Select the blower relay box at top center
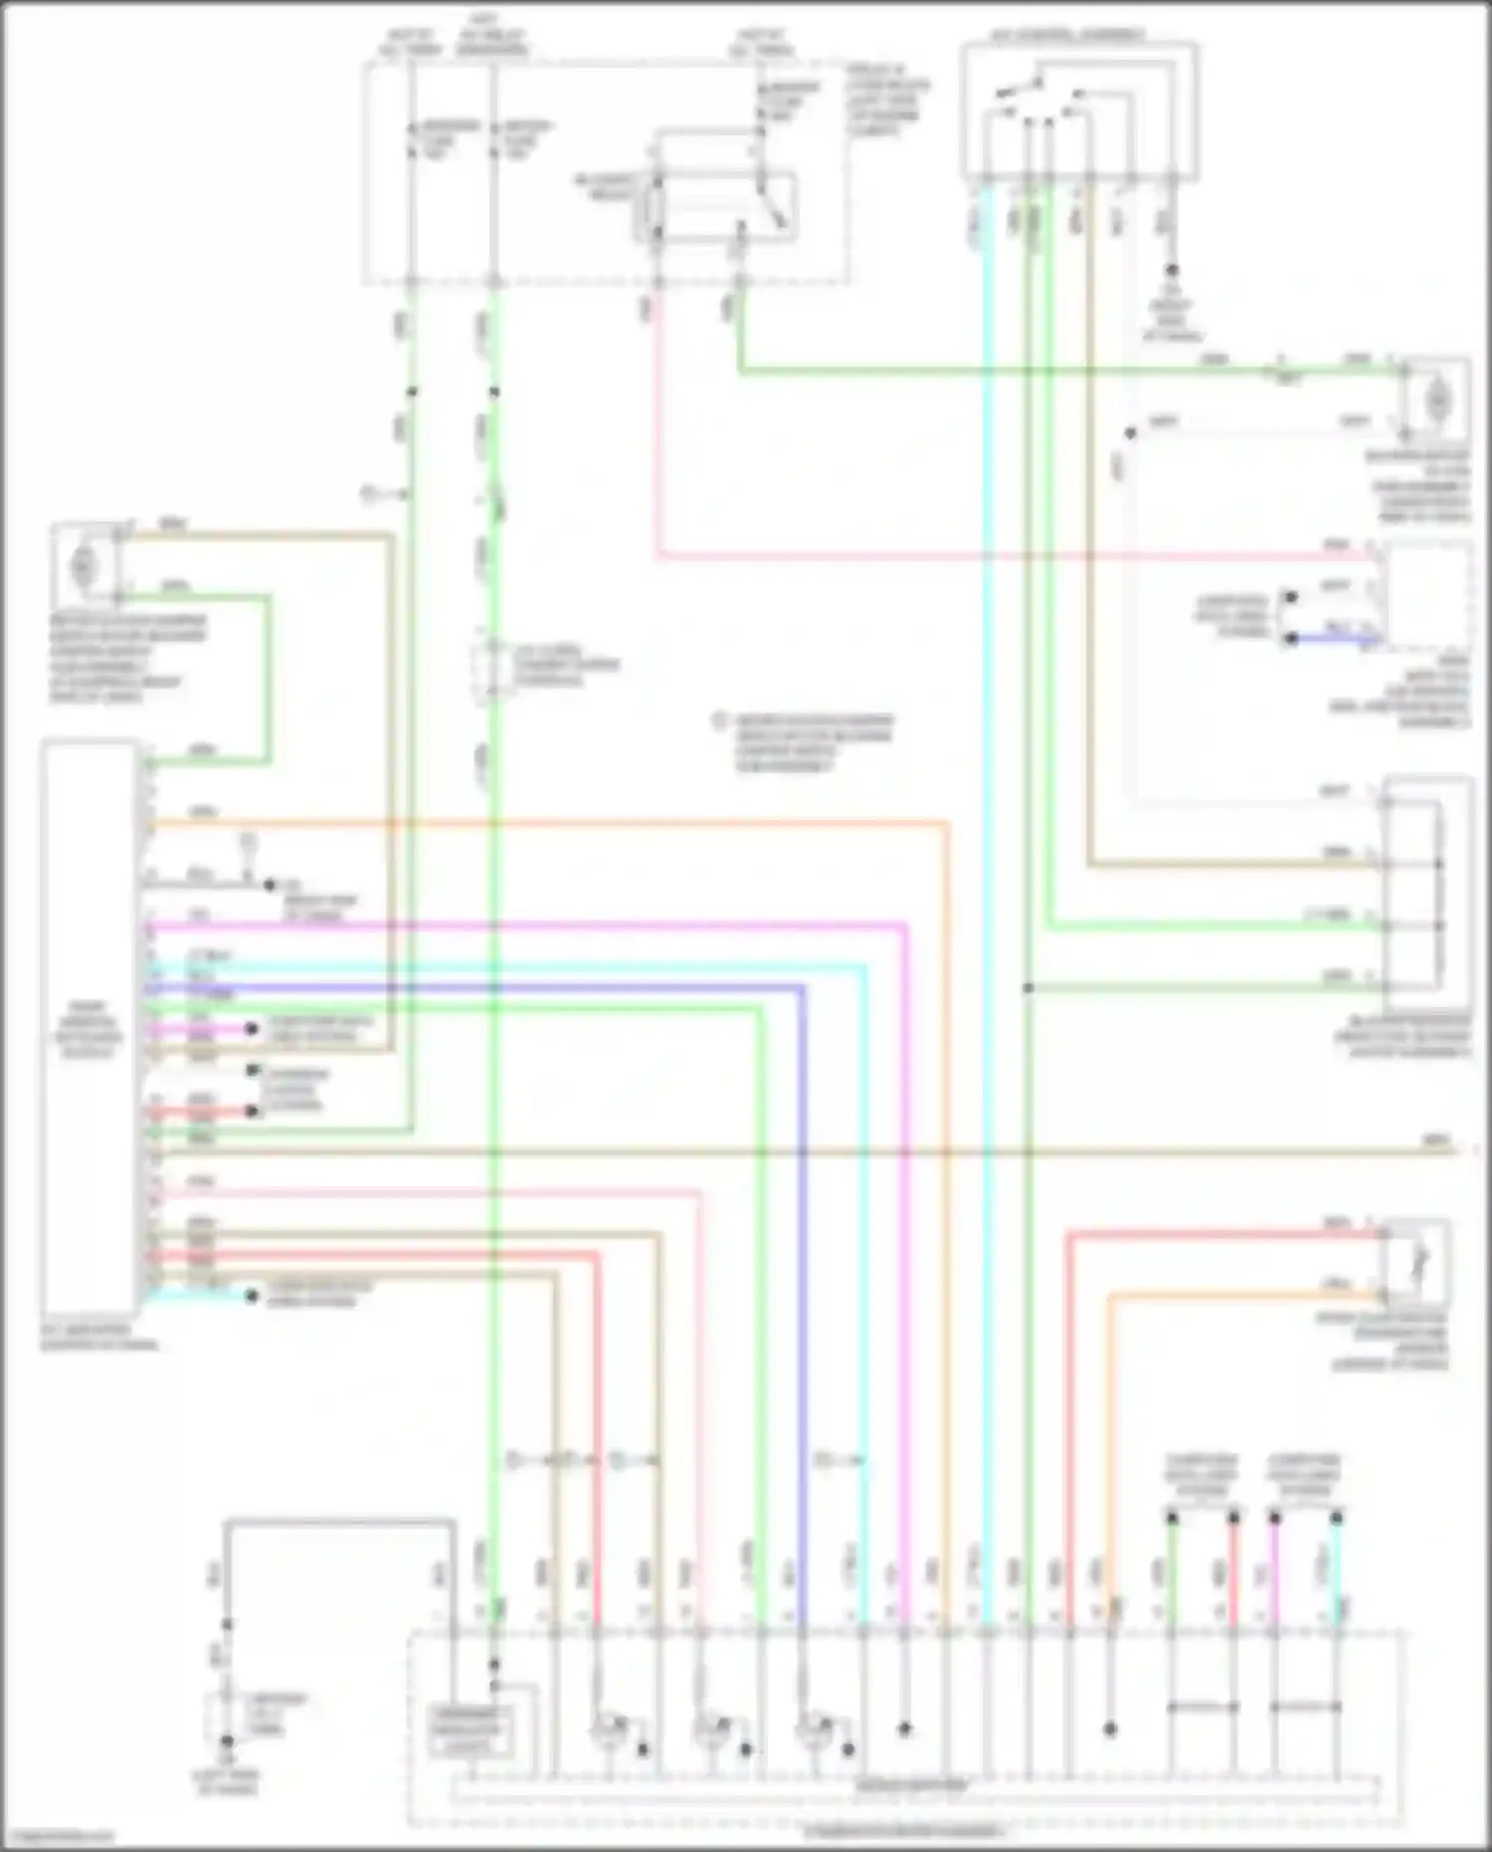click(715, 208)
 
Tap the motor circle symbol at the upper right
click(1436, 400)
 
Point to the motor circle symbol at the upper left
click(84, 565)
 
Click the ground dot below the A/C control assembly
click(1172, 271)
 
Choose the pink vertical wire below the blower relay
click(656, 418)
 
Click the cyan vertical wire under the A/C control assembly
click(988, 697)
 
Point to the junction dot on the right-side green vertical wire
click(1028, 988)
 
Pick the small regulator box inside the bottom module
click(466, 1732)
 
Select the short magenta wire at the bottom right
click(1274, 1572)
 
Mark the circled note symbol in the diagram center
click(720, 721)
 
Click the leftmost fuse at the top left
click(411, 139)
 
